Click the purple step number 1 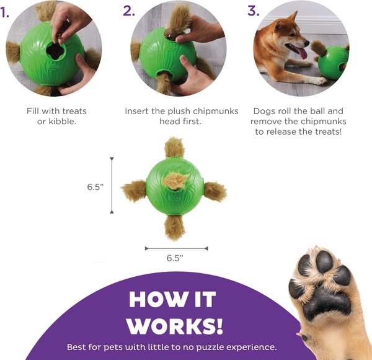pyautogui.click(x=5, y=11)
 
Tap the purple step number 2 pyautogui.click(x=128, y=11)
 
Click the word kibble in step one pyautogui.click(x=64, y=122)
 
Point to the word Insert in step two pyautogui.click(x=137, y=111)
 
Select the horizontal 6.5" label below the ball pyautogui.click(x=175, y=257)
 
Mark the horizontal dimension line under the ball pyautogui.click(x=176, y=248)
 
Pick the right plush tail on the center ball pyautogui.click(x=215, y=191)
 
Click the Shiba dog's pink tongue pyautogui.click(x=303, y=54)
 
